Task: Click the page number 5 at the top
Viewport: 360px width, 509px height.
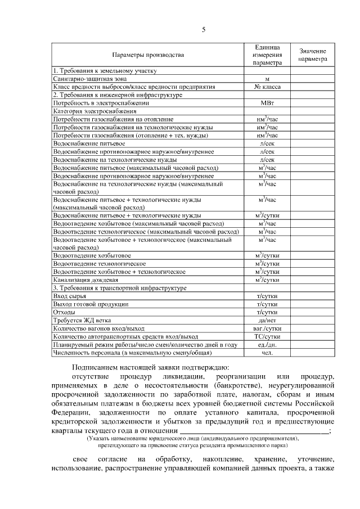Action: point(204,30)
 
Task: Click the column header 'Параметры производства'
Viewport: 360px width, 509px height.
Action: point(147,55)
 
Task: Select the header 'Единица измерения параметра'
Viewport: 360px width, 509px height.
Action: point(267,55)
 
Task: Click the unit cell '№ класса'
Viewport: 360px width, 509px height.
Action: point(267,87)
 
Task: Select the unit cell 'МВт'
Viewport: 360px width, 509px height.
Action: point(267,103)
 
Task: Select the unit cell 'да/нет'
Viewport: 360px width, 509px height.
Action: point(267,320)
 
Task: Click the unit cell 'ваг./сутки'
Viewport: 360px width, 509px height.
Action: point(267,328)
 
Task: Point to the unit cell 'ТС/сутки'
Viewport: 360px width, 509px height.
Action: point(267,336)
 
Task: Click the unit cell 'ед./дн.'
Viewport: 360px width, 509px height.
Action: point(267,345)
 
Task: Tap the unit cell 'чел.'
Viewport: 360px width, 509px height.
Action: point(267,353)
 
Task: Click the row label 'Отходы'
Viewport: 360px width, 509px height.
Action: point(64,312)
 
